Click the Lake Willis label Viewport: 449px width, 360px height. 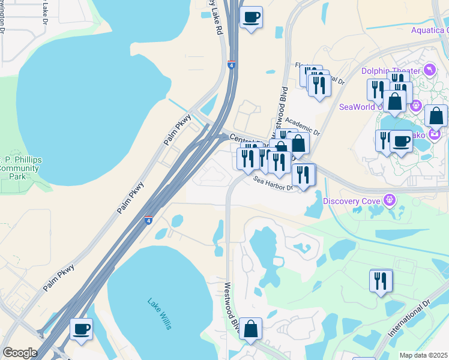pos(160,314)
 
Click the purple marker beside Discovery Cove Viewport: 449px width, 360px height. pos(390,199)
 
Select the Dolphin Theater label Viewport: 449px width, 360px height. pos(390,71)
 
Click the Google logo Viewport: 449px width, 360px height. pos(19,352)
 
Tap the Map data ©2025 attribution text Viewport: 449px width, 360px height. pos(423,355)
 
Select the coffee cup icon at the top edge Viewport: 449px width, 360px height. pos(252,16)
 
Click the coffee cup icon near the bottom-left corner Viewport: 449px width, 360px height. pos(82,329)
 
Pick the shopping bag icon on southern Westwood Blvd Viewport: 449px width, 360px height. pos(251,328)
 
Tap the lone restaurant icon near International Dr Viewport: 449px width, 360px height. pos(381,280)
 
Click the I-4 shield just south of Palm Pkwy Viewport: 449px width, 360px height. pos(148,220)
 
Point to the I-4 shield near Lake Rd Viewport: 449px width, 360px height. pos(231,65)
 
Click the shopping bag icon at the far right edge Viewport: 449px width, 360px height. pos(436,115)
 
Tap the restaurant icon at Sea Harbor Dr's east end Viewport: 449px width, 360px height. pos(304,174)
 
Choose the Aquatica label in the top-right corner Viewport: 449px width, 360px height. pos(430,30)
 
